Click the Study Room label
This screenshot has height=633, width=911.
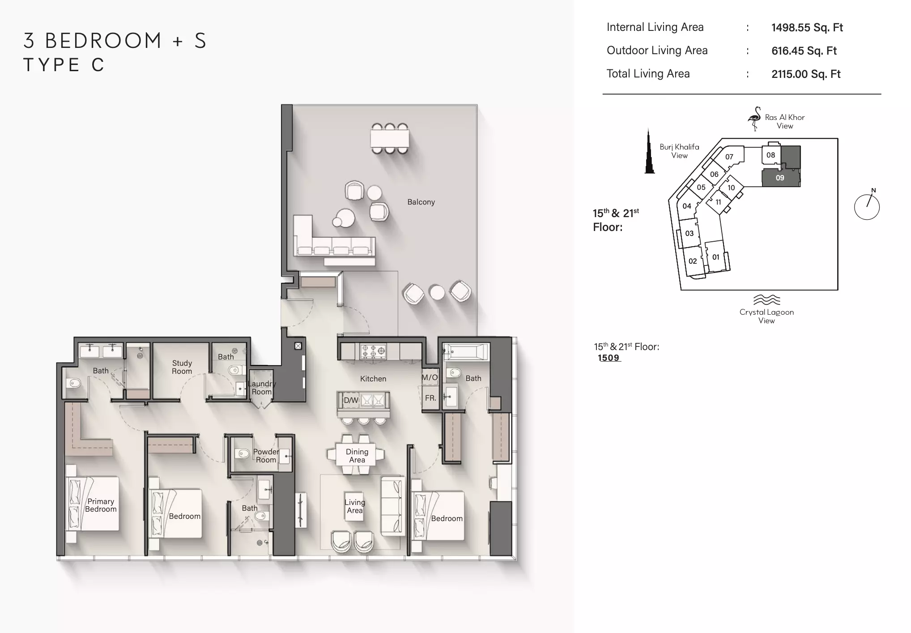pyautogui.click(x=182, y=367)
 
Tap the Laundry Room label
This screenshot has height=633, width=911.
pyautogui.click(x=262, y=388)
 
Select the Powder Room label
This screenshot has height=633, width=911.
pyautogui.click(x=266, y=456)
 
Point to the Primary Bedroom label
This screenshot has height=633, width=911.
pyautogui.click(x=101, y=505)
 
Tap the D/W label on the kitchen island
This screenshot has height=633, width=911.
pyautogui.click(x=351, y=400)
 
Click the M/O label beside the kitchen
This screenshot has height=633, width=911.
pyautogui.click(x=430, y=377)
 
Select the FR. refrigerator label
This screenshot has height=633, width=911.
pyautogui.click(x=430, y=398)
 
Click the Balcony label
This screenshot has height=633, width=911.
pyautogui.click(x=421, y=202)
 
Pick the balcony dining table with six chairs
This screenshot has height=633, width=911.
pyautogui.click(x=390, y=138)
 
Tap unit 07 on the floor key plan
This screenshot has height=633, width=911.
pyautogui.click(x=729, y=157)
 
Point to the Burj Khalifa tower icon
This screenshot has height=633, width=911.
pyautogui.click(x=649, y=151)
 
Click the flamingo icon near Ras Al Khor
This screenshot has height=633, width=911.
pyautogui.click(x=754, y=119)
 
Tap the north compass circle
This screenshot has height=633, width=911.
pyautogui.click(x=867, y=207)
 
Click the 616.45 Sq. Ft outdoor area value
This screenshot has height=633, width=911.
pyautogui.click(x=804, y=51)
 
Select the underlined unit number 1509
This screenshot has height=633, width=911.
pyautogui.click(x=609, y=358)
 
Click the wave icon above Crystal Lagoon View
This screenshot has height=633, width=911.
pyautogui.click(x=766, y=299)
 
